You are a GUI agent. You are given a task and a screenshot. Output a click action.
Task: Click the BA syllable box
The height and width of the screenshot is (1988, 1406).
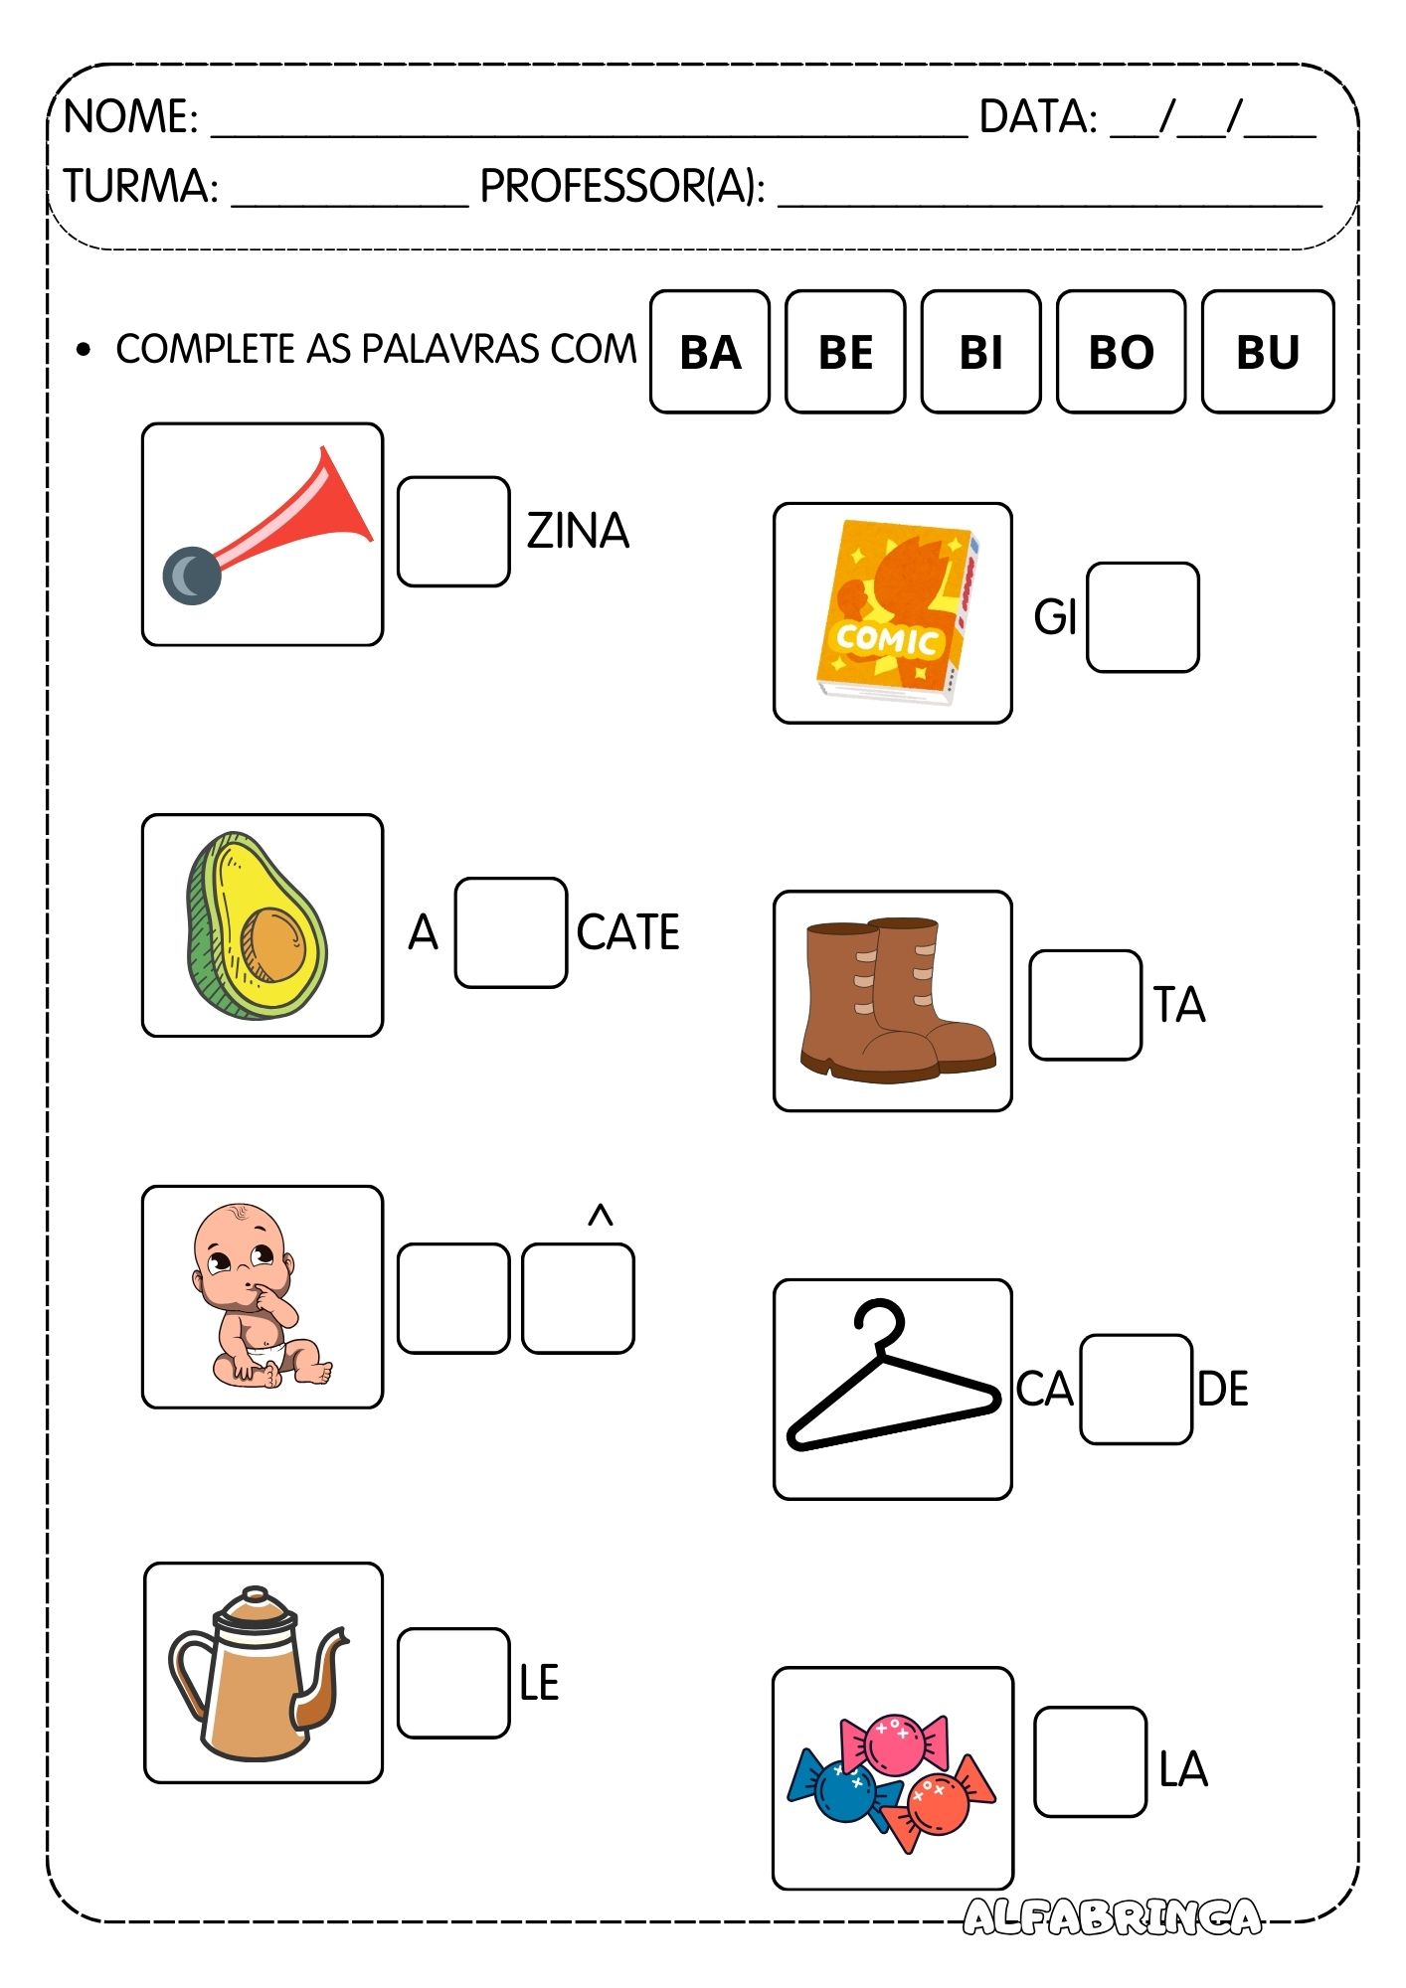tap(709, 352)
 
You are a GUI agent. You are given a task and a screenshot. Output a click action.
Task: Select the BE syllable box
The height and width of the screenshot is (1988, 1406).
tap(845, 352)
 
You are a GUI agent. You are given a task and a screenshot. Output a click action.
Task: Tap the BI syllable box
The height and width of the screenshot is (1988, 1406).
tap(980, 352)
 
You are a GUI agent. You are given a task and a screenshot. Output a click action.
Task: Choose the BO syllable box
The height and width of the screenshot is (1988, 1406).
tap(1121, 352)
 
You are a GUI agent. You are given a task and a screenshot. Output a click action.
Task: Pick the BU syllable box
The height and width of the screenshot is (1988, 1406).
tap(1267, 352)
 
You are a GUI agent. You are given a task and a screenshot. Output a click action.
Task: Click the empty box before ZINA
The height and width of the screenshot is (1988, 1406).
tap(453, 532)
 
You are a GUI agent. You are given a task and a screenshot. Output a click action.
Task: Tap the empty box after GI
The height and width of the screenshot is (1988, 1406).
tap(1142, 617)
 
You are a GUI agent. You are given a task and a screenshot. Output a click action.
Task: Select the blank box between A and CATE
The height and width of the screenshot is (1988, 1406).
tap(511, 932)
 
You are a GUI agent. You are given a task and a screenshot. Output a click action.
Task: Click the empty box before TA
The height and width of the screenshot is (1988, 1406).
tap(1085, 1005)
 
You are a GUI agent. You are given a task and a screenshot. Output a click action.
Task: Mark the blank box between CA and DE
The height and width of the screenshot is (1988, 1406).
tap(1136, 1389)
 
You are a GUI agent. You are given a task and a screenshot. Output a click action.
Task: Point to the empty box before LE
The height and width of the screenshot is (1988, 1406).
tap(453, 1683)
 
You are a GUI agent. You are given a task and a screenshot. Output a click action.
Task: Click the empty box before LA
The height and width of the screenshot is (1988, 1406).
tap(1090, 1761)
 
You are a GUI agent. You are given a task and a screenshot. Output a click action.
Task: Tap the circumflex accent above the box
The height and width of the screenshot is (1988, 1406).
tap(600, 1216)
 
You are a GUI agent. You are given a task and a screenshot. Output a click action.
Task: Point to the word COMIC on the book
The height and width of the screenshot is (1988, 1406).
tap(887, 639)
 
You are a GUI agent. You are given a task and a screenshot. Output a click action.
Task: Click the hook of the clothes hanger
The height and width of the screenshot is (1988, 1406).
tap(881, 1322)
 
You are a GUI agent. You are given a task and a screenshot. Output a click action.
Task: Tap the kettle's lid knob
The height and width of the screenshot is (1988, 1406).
tap(256, 1593)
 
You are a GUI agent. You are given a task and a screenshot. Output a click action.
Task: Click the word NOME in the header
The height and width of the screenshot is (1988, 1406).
tap(130, 117)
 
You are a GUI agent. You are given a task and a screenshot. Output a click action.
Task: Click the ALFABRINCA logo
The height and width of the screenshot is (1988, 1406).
tap(1112, 1916)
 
